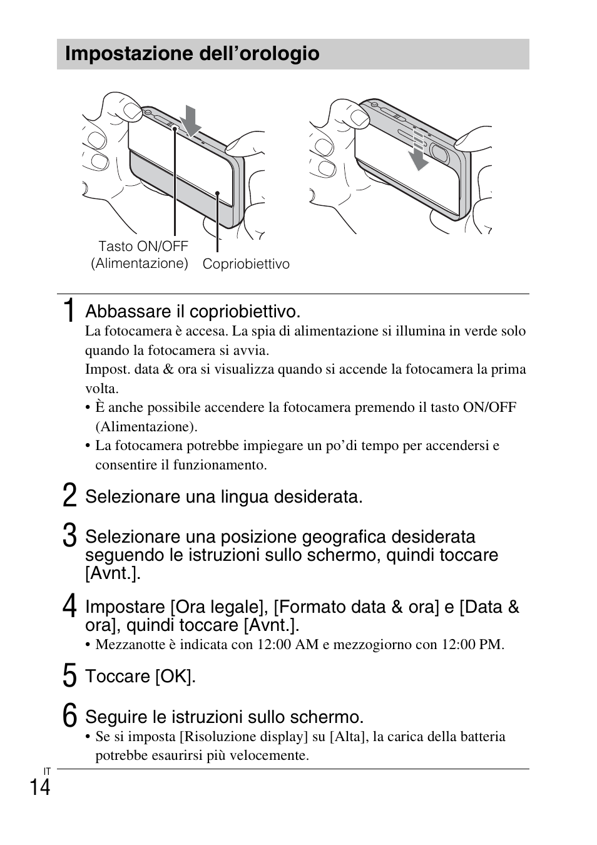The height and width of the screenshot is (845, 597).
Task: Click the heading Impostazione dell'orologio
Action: click(x=192, y=54)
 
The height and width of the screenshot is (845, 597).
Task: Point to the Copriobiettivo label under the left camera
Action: click(x=246, y=264)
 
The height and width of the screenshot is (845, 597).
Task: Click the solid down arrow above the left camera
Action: click(x=191, y=120)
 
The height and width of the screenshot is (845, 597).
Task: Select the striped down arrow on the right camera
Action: click(x=419, y=150)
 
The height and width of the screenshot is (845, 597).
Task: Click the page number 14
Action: click(x=39, y=787)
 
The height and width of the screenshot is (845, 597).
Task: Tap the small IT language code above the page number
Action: click(x=47, y=771)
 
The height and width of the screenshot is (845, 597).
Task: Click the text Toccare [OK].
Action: click(x=140, y=676)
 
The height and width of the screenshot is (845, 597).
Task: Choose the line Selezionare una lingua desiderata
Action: click(x=223, y=496)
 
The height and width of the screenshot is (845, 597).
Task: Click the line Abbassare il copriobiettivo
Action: click(x=193, y=311)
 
